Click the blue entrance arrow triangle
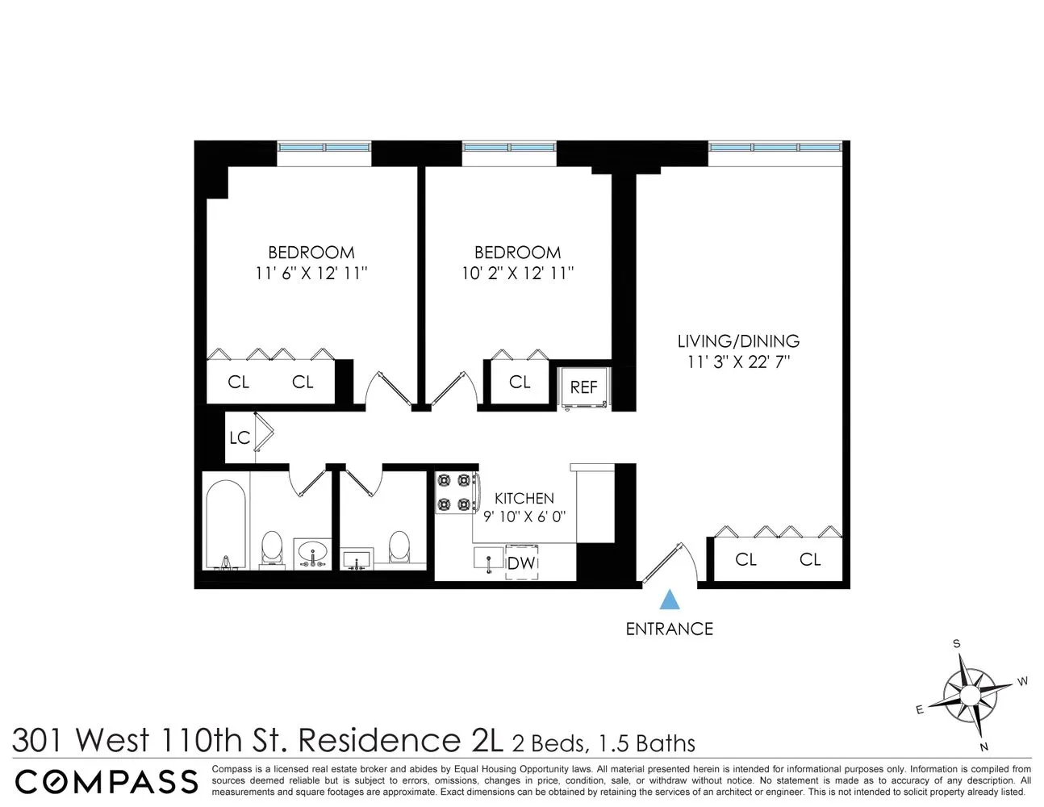click(x=670, y=600)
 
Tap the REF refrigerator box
click(x=583, y=387)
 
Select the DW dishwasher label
click(x=522, y=563)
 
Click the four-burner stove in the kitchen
click(x=453, y=492)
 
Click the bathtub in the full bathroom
click(x=225, y=525)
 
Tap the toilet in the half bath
click(x=399, y=547)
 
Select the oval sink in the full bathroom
click(x=311, y=554)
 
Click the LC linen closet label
click(x=240, y=438)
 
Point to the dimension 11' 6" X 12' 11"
click(x=311, y=274)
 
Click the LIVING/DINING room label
click(x=738, y=341)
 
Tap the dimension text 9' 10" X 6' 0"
click(x=524, y=517)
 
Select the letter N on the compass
click(x=983, y=746)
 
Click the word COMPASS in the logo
click(x=106, y=781)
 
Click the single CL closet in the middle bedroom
click(x=520, y=382)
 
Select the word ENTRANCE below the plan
click(x=670, y=629)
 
